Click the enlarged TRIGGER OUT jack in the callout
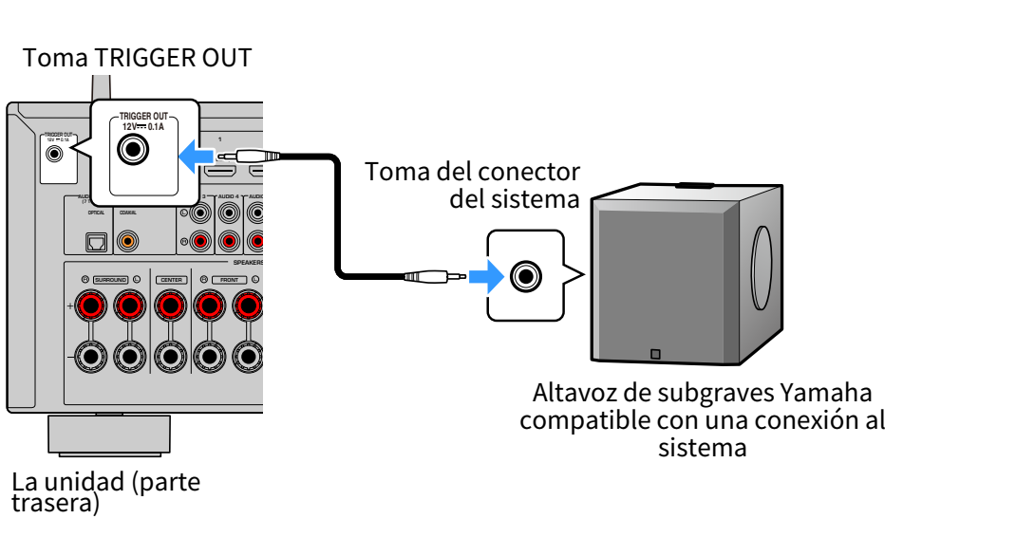(133, 150)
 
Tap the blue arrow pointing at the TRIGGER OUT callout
(197, 157)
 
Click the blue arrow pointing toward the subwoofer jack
(486, 276)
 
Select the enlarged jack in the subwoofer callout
(525, 276)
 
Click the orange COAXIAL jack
(127, 241)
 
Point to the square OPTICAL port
(96, 242)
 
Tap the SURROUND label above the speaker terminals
(110, 280)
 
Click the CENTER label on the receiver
(170, 280)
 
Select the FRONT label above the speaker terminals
(228, 280)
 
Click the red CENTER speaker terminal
(170, 306)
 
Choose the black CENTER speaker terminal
(170, 357)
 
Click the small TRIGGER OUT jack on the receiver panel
(56, 153)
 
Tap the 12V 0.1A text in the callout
(143, 126)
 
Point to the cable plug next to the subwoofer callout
(432, 276)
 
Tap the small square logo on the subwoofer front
(654, 356)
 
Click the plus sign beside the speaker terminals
(70, 306)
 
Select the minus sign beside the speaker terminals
(70, 357)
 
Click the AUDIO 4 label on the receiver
(228, 195)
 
